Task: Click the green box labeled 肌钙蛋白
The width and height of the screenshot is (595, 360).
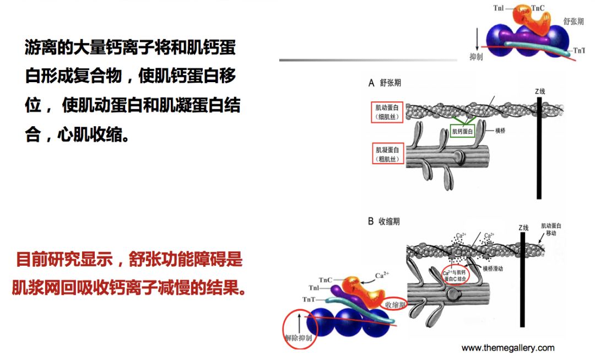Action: pyautogui.click(x=464, y=131)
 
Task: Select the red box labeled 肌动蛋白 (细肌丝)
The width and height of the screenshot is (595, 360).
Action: pyautogui.click(x=387, y=111)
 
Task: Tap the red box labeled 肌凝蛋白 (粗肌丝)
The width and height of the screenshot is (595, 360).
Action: pyautogui.click(x=387, y=154)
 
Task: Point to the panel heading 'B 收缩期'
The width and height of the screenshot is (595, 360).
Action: pyautogui.click(x=384, y=221)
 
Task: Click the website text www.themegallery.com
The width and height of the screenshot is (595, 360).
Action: pyautogui.click(x=507, y=348)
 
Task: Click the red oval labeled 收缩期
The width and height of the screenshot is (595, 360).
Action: pyautogui.click(x=396, y=304)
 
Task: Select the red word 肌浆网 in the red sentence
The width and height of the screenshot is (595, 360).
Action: pyautogui.click(x=34, y=287)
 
